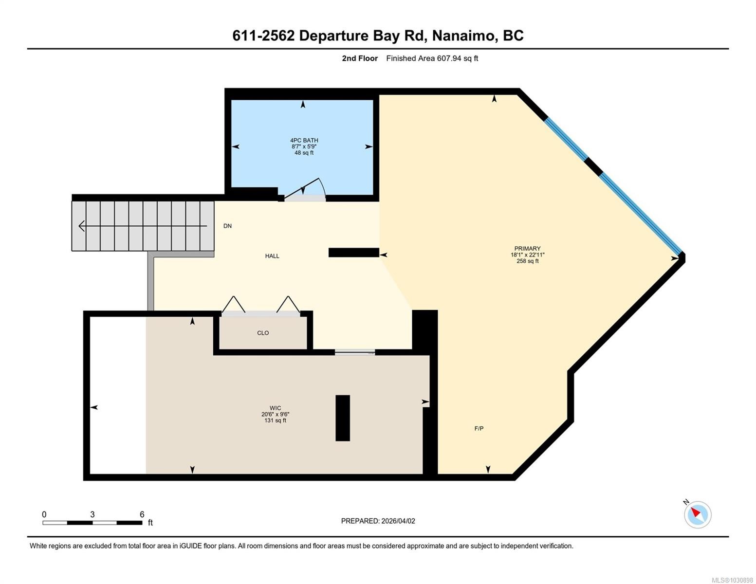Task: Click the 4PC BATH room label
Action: point(304,140)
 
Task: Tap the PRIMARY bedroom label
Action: point(527,248)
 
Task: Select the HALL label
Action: point(272,256)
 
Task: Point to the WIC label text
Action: point(275,408)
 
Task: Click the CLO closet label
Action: point(263,333)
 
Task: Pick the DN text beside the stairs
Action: point(227,226)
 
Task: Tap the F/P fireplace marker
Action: point(479,429)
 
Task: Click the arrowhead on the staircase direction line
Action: point(81,226)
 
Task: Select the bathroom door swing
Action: point(305,189)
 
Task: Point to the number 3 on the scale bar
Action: point(92,514)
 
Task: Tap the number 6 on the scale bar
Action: point(142,514)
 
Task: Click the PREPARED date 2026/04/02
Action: point(398,521)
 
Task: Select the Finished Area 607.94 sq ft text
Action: point(432,58)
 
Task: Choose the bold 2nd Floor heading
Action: point(360,58)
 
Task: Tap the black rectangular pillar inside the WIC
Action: point(343,418)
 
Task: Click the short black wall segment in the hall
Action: point(354,253)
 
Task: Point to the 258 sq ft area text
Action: point(527,261)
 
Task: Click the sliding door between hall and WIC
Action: point(355,352)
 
